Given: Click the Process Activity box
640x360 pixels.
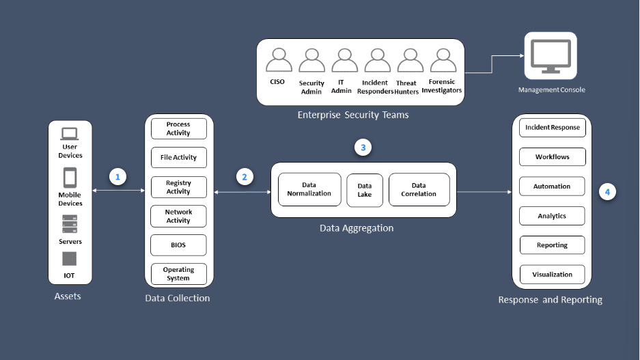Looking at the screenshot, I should coord(178,128).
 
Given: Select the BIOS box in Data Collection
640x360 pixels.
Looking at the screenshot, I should coord(178,245).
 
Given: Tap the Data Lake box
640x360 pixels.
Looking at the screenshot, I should coord(365,190).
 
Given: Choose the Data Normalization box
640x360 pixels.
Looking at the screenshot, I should coord(309,189).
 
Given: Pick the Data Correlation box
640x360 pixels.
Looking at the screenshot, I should coord(419,189).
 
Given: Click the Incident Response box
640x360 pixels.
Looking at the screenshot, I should coord(552,128).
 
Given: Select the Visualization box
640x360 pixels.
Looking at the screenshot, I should coord(552,275).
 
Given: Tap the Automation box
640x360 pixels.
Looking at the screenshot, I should coord(552,186).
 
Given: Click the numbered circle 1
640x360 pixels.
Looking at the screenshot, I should coord(118,177).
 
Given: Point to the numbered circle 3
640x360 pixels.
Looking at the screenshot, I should coord(364,147).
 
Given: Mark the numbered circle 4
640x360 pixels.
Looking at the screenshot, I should coord(607,192).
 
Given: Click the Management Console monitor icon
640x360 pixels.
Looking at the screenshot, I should coord(551,57).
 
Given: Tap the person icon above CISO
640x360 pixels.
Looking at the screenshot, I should coord(278,61).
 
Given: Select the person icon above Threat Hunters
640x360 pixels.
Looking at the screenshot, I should coord(410,61).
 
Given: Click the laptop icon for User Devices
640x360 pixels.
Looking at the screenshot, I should coord(70,133).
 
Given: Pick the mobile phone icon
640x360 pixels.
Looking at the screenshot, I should coord(70,178).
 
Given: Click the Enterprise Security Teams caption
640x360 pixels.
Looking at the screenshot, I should coord(353,115).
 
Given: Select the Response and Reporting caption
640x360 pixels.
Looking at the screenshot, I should coord(550,300).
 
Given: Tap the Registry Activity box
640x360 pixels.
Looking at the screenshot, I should coord(178,187).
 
